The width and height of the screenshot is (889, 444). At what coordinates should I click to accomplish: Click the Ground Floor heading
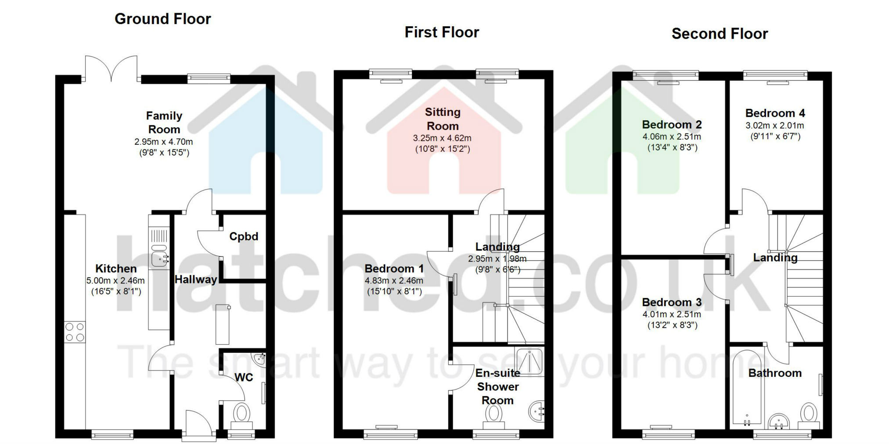pos(163,19)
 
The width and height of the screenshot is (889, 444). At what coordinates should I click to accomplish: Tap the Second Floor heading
pos(720,34)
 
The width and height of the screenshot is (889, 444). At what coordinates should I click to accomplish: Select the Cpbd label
pos(244,236)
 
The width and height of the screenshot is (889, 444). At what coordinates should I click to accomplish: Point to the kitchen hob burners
pos(75,332)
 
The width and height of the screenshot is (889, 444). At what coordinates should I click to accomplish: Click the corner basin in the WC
pos(259,359)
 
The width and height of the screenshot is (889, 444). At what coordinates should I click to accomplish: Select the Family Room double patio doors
pos(111,69)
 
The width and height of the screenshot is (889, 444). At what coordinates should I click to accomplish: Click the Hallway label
pos(196,279)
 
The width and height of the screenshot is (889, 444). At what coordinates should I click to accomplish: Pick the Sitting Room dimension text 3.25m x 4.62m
pos(442,138)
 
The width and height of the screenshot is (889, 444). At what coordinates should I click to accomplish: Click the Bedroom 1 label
pos(394,269)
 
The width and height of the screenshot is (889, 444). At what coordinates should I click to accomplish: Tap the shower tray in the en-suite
pos(530,362)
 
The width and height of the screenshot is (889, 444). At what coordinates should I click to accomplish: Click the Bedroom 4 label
pos(775,113)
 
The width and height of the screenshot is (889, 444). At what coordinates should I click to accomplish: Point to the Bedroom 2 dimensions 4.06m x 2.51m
pos(672,136)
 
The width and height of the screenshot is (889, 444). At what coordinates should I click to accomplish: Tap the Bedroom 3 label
pos(672,302)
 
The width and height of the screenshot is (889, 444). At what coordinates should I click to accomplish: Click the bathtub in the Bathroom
pos(748,388)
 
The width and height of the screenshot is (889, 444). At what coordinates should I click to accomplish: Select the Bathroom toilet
pos(809,415)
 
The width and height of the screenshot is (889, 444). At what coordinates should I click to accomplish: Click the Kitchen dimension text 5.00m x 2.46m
pos(115,281)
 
